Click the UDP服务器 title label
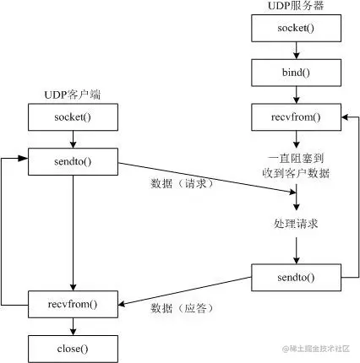pyautogui.click(x=295, y=8)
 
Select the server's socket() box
pyautogui.click(x=296, y=29)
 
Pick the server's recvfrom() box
pyautogui.click(x=296, y=116)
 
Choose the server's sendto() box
pyautogui.click(x=296, y=276)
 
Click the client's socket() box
pyautogui.click(x=73, y=116)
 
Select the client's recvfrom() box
pyautogui.click(x=73, y=301)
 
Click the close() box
pyautogui.click(x=73, y=346)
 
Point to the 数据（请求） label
pyautogui.click(x=178, y=182)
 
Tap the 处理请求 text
pyautogui.click(x=296, y=225)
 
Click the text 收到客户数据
pyautogui.click(x=296, y=174)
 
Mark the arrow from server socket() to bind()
pyautogui.click(x=296, y=50)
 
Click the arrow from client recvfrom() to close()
pyautogui.click(x=73, y=324)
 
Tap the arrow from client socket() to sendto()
pyautogui.click(x=73, y=138)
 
